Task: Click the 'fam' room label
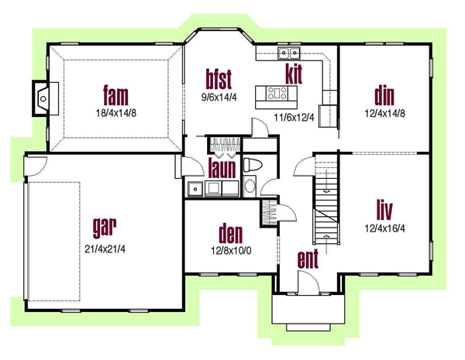pos(116,95)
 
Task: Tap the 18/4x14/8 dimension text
pos(116,113)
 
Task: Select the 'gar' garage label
pos(105,228)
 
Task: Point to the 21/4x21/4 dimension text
pos(105,249)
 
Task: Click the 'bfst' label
pos(219,79)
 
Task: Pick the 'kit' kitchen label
pos(294,74)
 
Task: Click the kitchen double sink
pos(289,53)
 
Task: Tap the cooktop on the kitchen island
pos(277,93)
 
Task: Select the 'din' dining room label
pos(384,96)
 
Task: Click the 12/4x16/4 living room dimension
pos(384,228)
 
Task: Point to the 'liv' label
pos(384,210)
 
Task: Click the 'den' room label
pos(230,234)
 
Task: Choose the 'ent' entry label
pos(308,259)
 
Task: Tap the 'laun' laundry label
pos(222,168)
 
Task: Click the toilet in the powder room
pos(253,165)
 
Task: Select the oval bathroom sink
pos(250,186)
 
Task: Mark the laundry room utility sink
pos(195,188)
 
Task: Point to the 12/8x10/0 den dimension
pos(231,251)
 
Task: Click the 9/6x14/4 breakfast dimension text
pos(219,97)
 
